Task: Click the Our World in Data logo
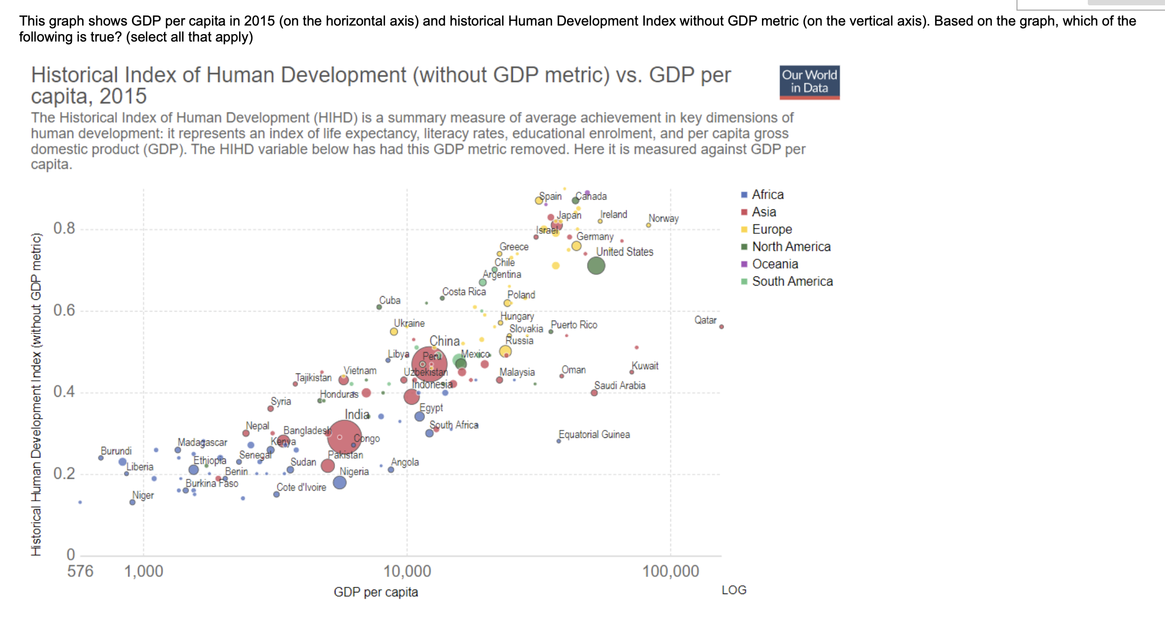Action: point(809,82)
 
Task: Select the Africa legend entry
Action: point(767,194)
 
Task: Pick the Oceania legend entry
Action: point(775,264)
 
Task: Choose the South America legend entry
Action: point(792,281)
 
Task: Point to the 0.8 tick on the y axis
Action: point(64,229)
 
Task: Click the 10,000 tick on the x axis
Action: point(407,572)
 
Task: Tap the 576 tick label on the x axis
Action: point(80,572)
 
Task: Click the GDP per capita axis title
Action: point(375,592)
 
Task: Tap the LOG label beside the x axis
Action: point(734,590)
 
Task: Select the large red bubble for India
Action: point(344,437)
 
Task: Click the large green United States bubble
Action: point(596,265)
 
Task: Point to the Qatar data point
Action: point(721,327)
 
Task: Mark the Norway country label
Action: point(663,218)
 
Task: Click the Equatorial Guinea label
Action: point(594,435)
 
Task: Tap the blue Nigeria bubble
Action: point(340,483)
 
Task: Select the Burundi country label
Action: point(116,451)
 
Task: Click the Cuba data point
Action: point(379,307)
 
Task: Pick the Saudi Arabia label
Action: point(620,385)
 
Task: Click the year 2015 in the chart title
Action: point(123,96)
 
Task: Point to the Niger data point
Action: point(132,502)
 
